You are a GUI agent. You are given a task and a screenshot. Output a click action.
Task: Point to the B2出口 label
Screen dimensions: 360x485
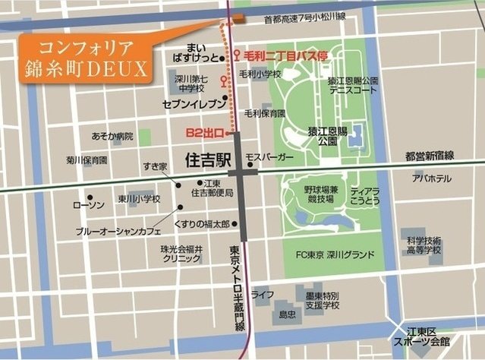coord(203,133)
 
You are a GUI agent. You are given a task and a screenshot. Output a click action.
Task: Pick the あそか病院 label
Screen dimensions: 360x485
coord(112,137)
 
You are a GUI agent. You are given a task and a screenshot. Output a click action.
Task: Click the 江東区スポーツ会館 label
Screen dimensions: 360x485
coord(439,337)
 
